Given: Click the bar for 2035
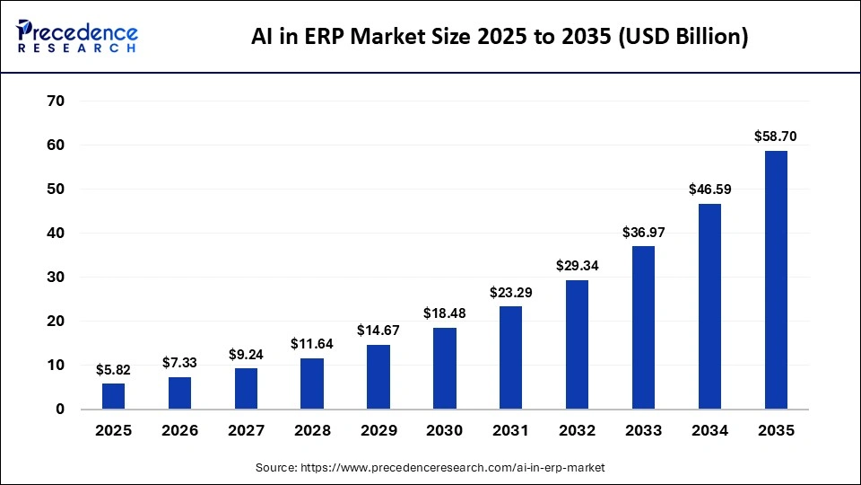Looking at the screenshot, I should point(776,280).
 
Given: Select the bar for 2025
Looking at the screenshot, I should point(114,396).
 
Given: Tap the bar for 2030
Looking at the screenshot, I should point(445,368).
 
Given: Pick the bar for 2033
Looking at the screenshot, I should point(643,328).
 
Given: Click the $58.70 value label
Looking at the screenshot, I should point(776,137).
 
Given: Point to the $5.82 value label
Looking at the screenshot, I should point(114,369).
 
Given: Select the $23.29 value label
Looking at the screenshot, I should point(511,292).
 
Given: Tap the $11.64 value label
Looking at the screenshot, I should point(312,343).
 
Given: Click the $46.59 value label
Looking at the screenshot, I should point(709,190).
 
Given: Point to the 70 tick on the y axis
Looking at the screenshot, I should point(55,101).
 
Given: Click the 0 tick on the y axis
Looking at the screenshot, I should point(60,410).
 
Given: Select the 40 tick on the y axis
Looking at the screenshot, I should point(55,234).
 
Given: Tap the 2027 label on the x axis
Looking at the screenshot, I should point(246,431).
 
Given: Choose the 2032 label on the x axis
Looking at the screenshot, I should point(577,431).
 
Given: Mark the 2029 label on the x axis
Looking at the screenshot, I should point(378,431).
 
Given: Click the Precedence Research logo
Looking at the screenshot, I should point(77,36).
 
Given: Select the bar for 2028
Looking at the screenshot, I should point(312,384).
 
